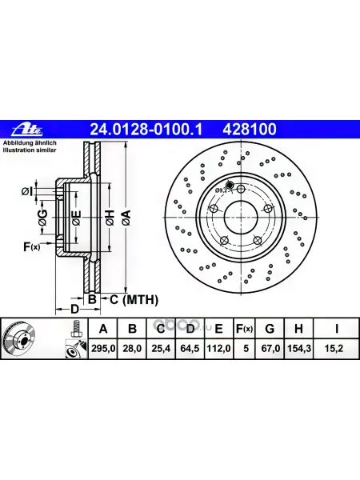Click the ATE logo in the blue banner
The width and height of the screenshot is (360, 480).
[x=27, y=130]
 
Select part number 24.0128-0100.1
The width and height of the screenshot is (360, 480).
[x=146, y=129]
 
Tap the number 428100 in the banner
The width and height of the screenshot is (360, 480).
[x=250, y=129]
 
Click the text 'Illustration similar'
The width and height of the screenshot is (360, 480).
[x=30, y=150]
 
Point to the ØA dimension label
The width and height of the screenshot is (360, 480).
[x=126, y=218]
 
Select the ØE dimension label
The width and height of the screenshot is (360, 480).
[x=77, y=218]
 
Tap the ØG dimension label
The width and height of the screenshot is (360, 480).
[x=43, y=218]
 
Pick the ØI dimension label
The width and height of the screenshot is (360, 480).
[x=26, y=192]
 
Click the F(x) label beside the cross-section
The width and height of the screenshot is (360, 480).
[x=31, y=246]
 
